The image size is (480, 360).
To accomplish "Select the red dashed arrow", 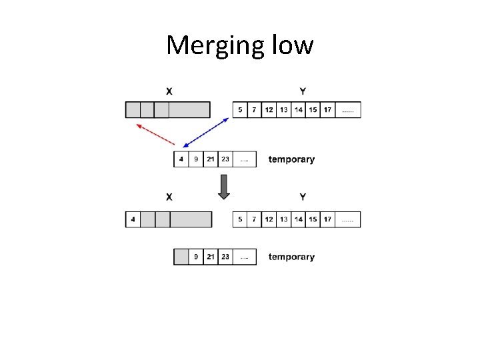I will tap(155, 133).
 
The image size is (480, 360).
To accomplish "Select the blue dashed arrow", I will tap(207, 131).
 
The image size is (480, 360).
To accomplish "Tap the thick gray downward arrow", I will tap(224, 187).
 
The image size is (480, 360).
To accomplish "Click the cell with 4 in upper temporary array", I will tap(181, 160).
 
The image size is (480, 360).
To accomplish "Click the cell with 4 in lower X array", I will tap(133, 219).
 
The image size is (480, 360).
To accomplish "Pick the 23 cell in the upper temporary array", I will tap(225, 160).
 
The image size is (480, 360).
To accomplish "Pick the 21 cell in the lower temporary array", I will tap(211, 257).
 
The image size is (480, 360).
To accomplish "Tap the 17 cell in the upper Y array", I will tap(327, 109).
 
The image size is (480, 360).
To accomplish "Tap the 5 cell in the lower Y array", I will tap(240, 219).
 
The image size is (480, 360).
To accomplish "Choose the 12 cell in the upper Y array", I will tap(269, 109).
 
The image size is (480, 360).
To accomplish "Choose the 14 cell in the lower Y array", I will tap(299, 219).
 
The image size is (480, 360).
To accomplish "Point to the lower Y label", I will tap(303, 197).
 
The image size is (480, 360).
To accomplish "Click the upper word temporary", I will tap(291, 159).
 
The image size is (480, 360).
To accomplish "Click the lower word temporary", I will tap(291, 257).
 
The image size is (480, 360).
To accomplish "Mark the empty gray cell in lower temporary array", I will tap(181, 257).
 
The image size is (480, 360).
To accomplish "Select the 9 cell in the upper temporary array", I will tap(195, 160).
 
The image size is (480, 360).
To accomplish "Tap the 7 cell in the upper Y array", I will tap(254, 109).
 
